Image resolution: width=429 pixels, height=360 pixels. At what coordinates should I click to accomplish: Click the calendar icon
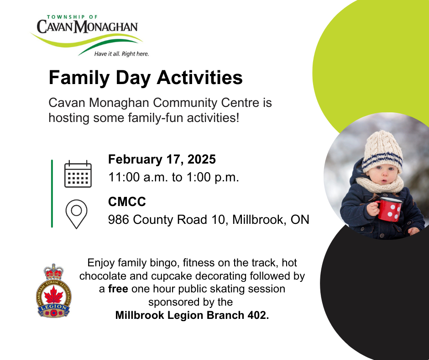[x=78, y=174]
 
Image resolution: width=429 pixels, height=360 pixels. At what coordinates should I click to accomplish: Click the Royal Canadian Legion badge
[x=54, y=291]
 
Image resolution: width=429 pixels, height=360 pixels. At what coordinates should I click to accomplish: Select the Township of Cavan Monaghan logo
[x=87, y=36]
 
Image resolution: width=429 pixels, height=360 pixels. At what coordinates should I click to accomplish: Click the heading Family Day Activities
[x=146, y=78]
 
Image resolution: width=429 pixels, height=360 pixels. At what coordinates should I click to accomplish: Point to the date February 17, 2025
[x=162, y=159]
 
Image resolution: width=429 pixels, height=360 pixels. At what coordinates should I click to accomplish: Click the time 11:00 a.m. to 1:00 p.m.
[x=174, y=177]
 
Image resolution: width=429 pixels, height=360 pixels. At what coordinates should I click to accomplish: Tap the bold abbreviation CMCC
[x=127, y=201]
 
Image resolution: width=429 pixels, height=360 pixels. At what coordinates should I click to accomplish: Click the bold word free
[x=118, y=289]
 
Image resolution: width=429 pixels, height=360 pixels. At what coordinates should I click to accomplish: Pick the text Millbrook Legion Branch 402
[x=192, y=315]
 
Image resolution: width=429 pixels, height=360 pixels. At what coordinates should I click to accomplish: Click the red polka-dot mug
[x=389, y=209]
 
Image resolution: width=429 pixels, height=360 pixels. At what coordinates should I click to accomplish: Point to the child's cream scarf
[x=380, y=184]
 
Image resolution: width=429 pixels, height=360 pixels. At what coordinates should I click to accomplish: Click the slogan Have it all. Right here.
[x=121, y=54]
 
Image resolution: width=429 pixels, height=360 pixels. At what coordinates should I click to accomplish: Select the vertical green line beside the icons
[x=52, y=193]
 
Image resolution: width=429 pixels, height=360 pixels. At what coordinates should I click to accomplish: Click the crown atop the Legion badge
[x=54, y=272]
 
